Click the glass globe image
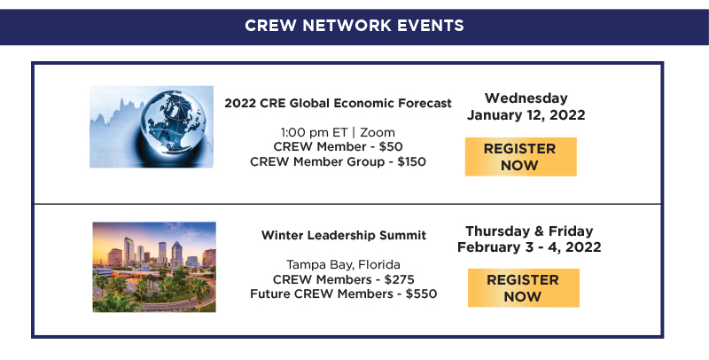coord(152,127)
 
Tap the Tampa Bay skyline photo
coord(154,266)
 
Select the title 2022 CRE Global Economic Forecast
coord(338,103)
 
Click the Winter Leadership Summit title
coord(344,235)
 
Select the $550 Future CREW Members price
coord(421,293)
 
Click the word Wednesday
coord(526,98)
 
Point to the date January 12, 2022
coord(526,114)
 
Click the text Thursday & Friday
coord(529,231)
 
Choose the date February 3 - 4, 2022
coord(529,247)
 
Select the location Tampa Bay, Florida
coord(343,264)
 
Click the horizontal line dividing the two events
coord(348,204)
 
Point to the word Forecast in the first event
coord(422,103)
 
